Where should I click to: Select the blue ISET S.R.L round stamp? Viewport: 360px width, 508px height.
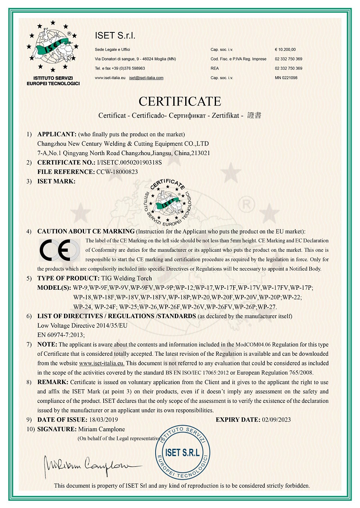tap(183, 454)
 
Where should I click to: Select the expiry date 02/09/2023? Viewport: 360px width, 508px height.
tap(276, 420)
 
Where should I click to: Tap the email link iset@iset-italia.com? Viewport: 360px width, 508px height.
tap(146, 78)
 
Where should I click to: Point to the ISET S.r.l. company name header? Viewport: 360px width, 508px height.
tap(115, 36)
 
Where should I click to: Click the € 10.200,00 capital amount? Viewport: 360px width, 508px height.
tap(285, 50)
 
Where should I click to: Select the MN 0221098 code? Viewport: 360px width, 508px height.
tap(286, 78)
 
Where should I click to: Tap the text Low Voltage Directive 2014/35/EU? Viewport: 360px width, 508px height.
tap(82, 325)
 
